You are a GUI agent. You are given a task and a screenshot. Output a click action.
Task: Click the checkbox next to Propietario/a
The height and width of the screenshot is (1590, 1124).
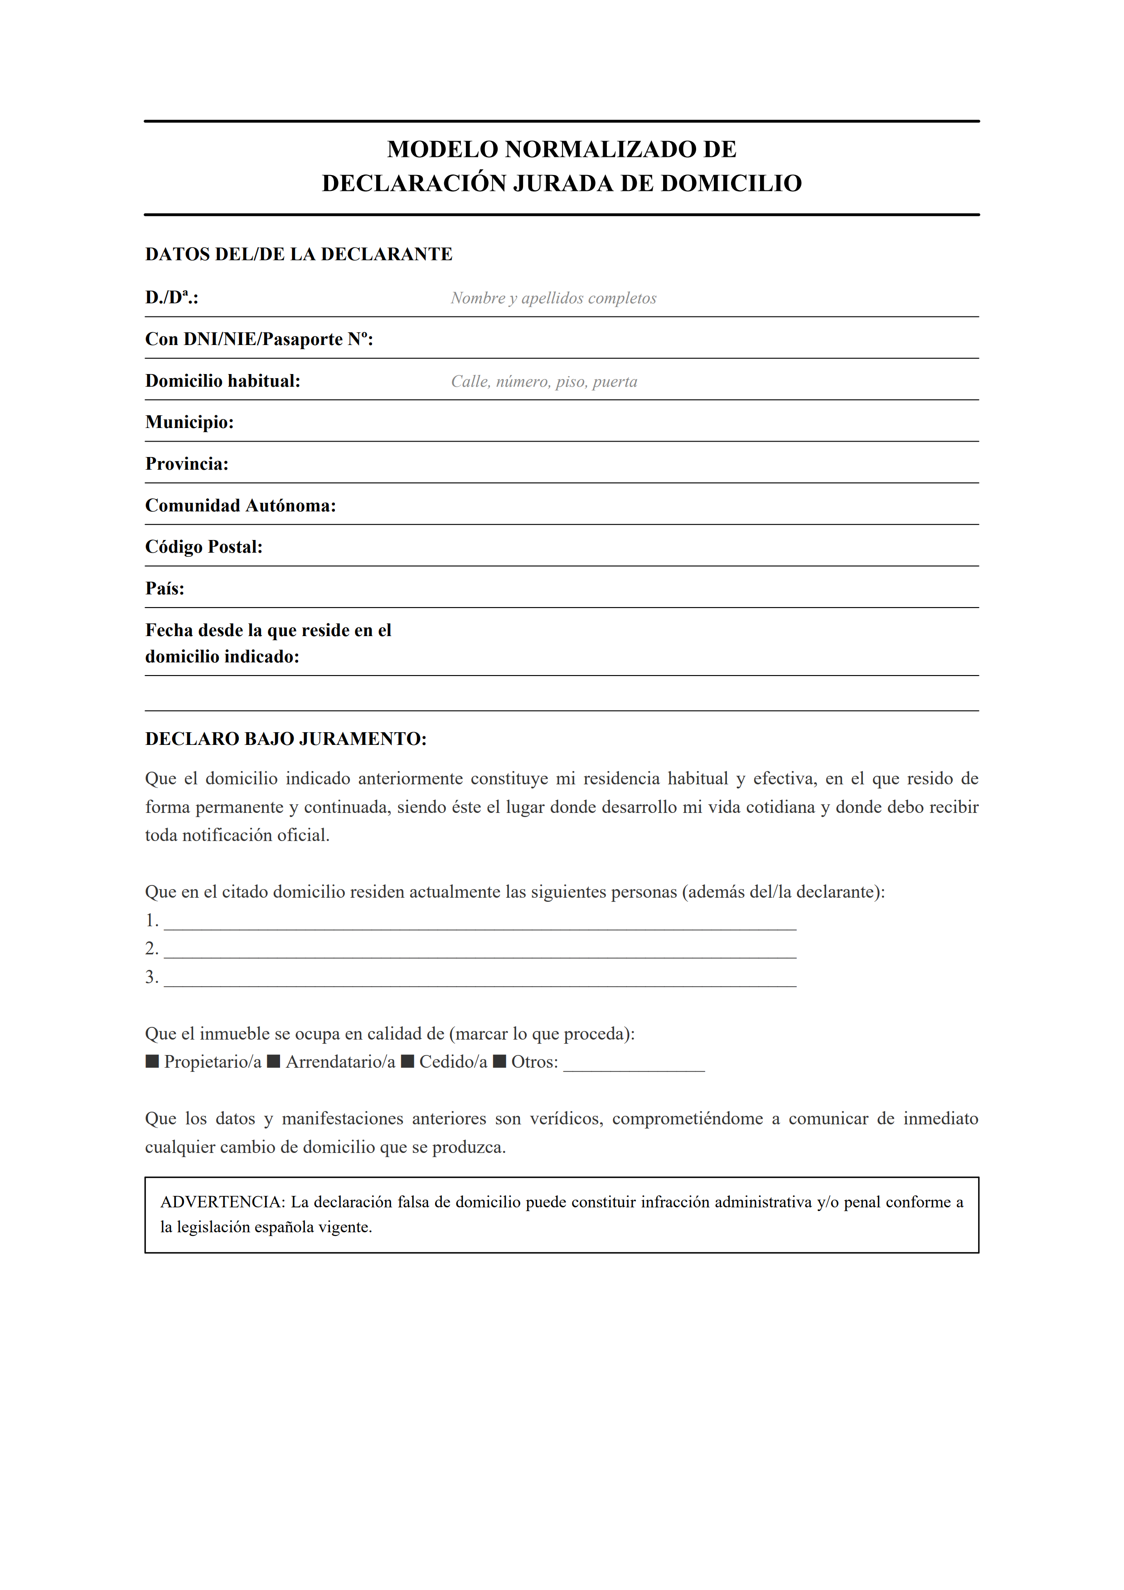point(152,1062)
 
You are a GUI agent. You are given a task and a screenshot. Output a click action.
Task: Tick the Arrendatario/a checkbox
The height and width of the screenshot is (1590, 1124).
point(273,1062)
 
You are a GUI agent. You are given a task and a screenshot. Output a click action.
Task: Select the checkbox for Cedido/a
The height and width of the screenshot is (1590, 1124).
point(407,1062)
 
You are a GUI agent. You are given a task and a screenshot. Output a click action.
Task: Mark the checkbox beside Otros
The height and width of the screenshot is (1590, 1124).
point(500,1062)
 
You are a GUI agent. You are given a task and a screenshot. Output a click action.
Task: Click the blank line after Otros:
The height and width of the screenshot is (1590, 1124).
point(634,1065)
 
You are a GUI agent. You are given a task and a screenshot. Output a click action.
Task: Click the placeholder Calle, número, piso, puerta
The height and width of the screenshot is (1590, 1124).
point(544,382)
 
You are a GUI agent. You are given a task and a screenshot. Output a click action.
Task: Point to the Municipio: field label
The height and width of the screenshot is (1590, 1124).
point(189,423)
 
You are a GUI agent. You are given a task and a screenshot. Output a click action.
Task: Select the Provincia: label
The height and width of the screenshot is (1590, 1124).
point(187,464)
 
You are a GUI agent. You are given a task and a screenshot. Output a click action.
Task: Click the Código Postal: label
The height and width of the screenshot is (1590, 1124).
point(204,547)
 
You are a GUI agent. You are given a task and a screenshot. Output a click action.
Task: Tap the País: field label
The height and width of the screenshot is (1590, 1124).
point(165,588)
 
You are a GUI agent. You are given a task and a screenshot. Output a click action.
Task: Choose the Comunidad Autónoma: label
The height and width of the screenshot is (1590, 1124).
point(241,506)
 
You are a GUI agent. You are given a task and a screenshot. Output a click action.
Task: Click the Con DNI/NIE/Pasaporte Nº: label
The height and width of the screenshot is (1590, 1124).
point(259,339)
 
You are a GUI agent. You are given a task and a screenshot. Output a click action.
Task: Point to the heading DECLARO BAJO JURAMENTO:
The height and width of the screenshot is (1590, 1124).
point(286,739)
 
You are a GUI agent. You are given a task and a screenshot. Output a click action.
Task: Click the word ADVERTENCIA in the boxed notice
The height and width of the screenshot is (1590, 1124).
point(222,1202)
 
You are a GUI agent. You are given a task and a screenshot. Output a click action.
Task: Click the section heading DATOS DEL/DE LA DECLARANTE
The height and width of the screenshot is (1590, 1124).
point(298,254)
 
